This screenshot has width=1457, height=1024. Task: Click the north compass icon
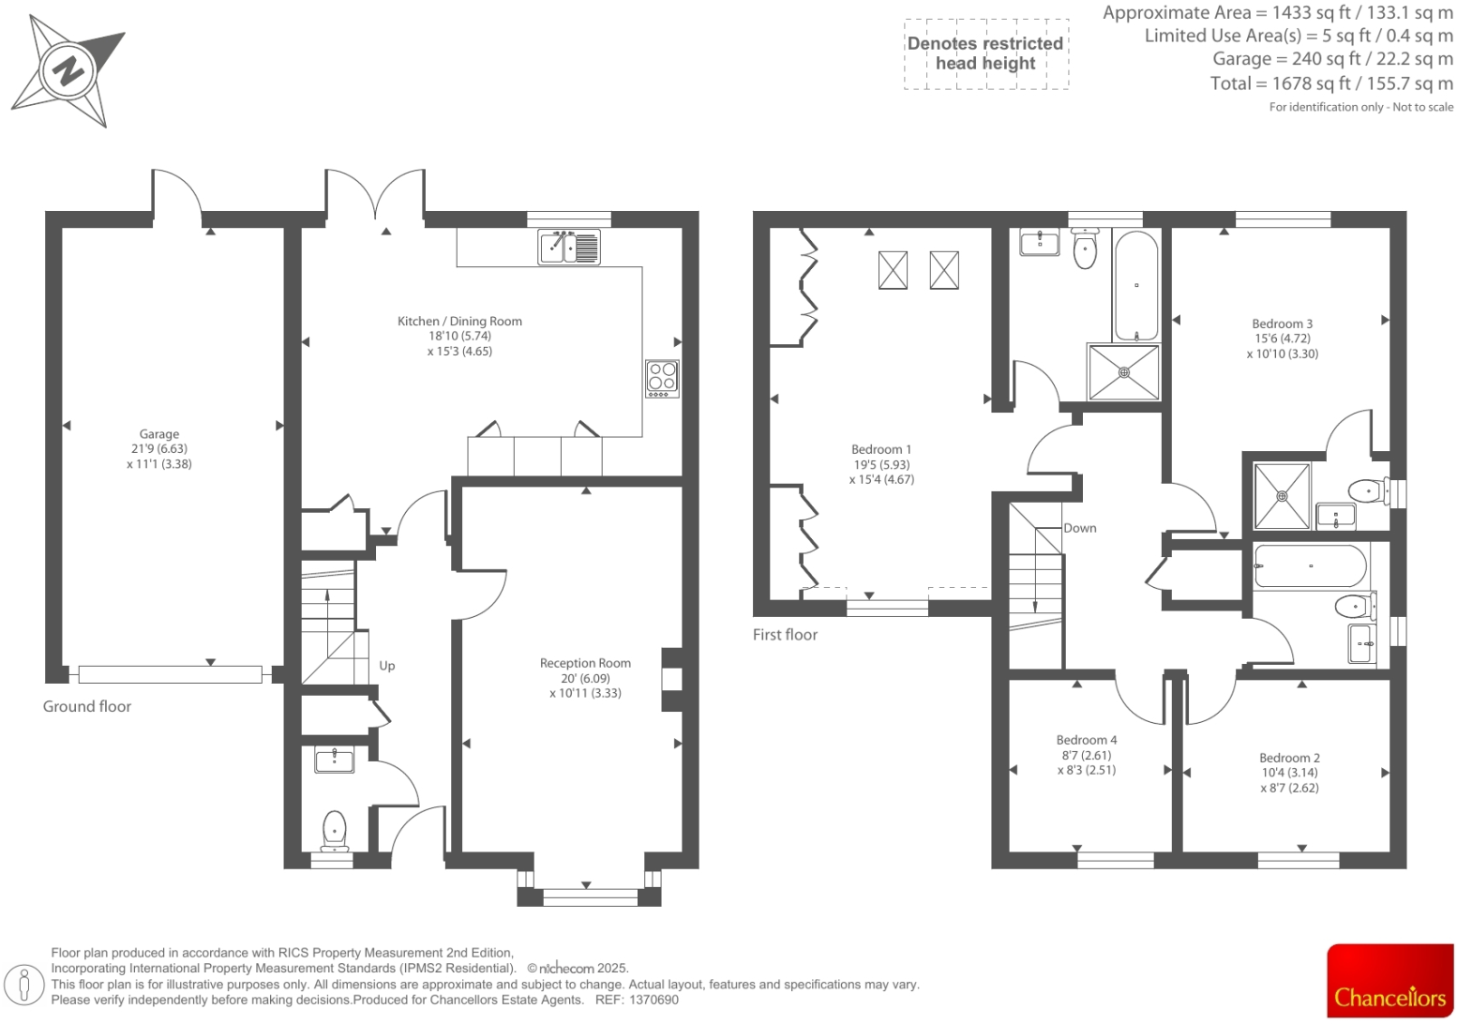click(x=68, y=70)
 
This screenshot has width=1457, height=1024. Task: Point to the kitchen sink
click(x=569, y=248)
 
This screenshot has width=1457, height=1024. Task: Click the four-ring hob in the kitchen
click(x=662, y=378)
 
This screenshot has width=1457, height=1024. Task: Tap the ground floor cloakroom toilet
click(x=334, y=829)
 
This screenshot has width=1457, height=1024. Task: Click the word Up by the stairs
click(x=387, y=666)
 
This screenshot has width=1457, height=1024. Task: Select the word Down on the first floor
click(x=1079, y=528)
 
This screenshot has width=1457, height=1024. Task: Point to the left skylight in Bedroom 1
click(x=893, y=270)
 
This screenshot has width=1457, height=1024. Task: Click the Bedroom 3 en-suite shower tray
click(x=1282, y=495)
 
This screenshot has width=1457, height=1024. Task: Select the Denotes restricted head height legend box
click(x=985, y=53)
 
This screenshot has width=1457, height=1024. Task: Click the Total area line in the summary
click(x=1330, y=83)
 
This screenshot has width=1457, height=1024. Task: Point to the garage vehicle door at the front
click(x=170, y=673)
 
